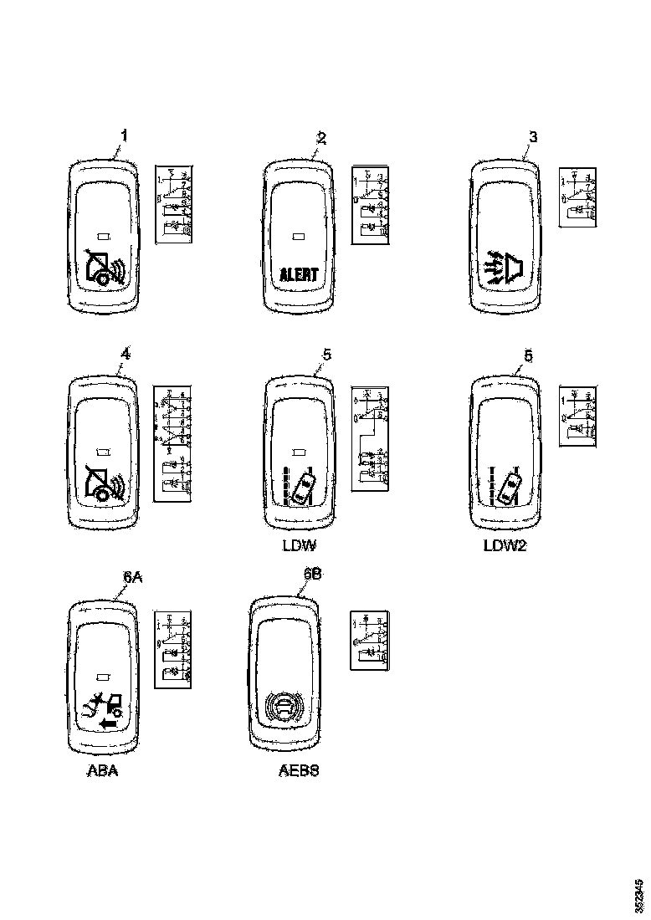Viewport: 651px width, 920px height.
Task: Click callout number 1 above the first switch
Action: pos(125,135)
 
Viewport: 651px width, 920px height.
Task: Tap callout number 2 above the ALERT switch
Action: pos(321,136)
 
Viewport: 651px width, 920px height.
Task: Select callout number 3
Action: pos(533,136)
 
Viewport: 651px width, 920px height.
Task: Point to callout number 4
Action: pos(125,354)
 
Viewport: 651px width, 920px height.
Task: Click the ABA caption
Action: pos(103,771)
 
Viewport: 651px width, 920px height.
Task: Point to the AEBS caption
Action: pos(299,771)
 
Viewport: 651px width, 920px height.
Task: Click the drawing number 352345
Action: pos(639,894)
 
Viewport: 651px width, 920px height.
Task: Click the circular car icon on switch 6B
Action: pos(283,710)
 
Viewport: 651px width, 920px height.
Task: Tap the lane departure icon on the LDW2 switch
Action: pos(505,486)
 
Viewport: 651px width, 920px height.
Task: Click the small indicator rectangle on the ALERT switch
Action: pos(299,235)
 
